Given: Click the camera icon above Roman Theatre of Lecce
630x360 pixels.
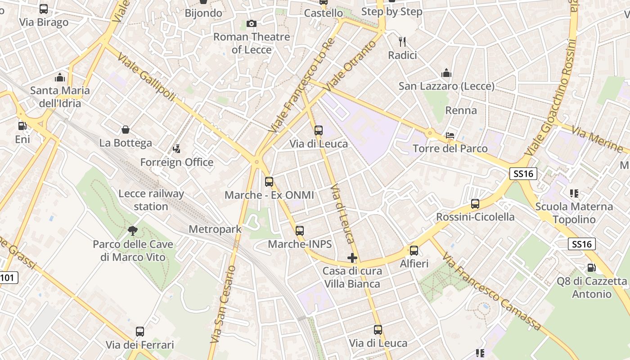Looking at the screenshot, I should pos(252,23).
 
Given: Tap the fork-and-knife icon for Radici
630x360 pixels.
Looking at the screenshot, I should pos(402,42).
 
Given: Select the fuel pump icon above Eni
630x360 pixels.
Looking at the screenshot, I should pos(22,126).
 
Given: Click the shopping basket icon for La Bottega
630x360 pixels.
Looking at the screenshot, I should pos(126,130).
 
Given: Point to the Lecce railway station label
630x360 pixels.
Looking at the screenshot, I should pos(151,200).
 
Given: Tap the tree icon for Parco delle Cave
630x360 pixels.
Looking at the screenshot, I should pos(133,231).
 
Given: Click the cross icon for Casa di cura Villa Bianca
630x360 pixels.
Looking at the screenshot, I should pos(352,258).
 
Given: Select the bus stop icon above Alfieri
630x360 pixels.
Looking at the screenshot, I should pos(414,250).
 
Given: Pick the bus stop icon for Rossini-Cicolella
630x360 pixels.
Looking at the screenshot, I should pos(475,204).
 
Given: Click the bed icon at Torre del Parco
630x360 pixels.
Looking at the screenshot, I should pos(450,135).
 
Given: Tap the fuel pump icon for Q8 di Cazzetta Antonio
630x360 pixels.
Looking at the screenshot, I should pos(591,268).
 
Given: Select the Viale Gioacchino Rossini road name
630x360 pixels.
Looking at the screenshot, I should pos(551,97).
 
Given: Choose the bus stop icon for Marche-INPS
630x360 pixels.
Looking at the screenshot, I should pos(300,231).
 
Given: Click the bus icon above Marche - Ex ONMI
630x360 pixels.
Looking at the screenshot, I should pos(269,182).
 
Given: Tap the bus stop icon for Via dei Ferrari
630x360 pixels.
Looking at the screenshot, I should pos(140,332).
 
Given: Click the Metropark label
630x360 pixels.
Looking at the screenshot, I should pos(215,229).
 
